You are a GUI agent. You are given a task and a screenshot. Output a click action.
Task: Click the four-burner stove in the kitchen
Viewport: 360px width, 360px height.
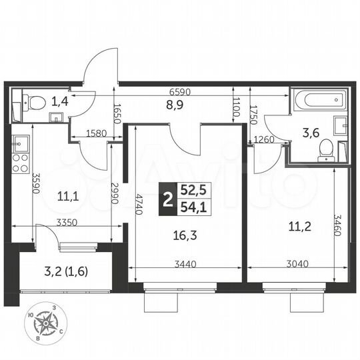[x=20, y=163]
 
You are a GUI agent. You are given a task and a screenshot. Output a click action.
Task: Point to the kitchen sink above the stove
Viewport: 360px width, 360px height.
[x=19, y=142]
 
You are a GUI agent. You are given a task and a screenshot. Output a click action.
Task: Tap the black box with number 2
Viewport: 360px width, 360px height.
[x=166, y=199]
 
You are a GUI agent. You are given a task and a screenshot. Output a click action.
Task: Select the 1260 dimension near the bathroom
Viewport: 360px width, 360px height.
[x=264, y=139]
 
